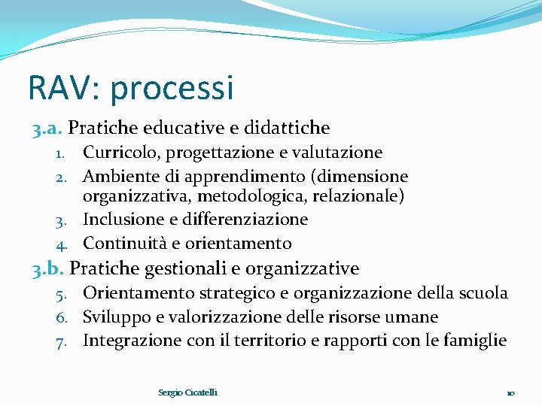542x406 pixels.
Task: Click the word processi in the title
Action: tap(172, 88)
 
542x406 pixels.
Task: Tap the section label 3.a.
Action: tap(45, 129)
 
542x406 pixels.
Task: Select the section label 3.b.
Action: tap(45, 268)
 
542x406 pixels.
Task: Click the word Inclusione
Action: tap(120, 220)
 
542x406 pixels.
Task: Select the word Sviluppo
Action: tap(115, 317)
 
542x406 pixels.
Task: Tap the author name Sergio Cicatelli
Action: tap(187, 392)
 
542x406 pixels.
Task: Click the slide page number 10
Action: tap(510, 393)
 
